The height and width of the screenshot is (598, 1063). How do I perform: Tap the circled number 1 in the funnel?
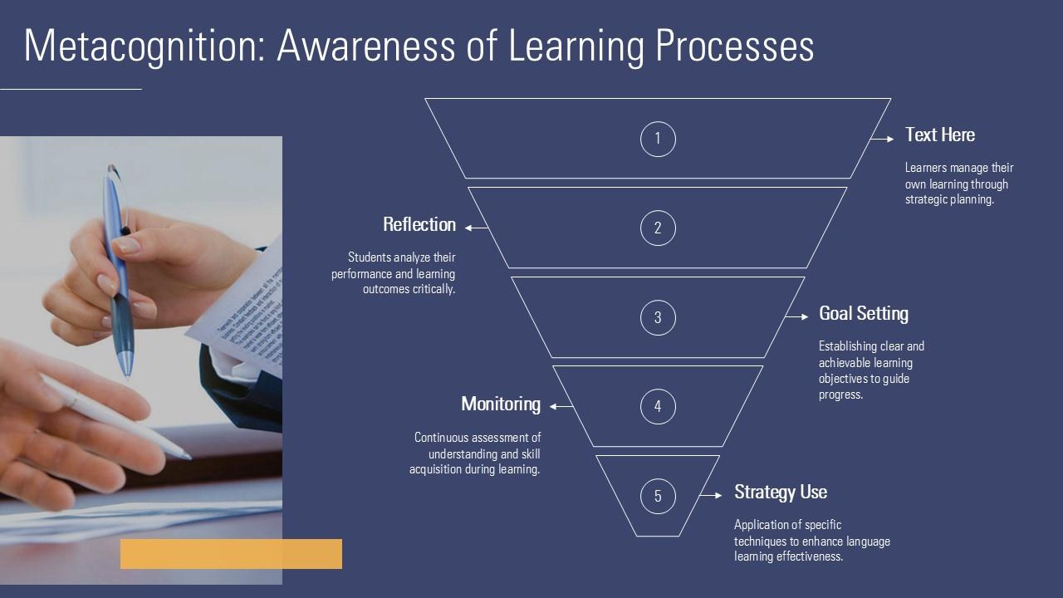(x=658, y=139)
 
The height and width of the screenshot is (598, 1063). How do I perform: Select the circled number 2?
(x=658, y=228)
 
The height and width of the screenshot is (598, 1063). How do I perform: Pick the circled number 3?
(x=658, y=317)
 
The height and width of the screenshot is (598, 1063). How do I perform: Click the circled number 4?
(x=658, y=407)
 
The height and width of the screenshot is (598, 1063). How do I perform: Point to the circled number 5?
(x=658, y=496)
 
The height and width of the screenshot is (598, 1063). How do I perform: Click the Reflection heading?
(x=419, y=224)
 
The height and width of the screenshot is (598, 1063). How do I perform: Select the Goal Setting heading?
(x=864, y=314)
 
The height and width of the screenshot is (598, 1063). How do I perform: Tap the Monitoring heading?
(x=501, y=404)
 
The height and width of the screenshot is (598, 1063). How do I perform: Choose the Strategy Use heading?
(x=781, y=493)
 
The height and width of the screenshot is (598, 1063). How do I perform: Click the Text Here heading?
(x=940, y=135)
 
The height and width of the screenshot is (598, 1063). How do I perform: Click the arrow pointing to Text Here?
(x=883, y=139)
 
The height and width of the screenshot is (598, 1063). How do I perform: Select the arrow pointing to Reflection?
(x=477, y=228)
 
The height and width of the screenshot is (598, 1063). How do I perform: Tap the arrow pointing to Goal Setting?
(x=796, y=316)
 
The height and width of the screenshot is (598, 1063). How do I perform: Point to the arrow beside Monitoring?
(x=561, y=406)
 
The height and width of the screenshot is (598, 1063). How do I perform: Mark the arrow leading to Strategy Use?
(x=711, y=496)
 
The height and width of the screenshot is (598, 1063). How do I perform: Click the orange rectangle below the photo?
(x=231, y=554)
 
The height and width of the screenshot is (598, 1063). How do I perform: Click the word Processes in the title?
(x=735, y=47)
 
